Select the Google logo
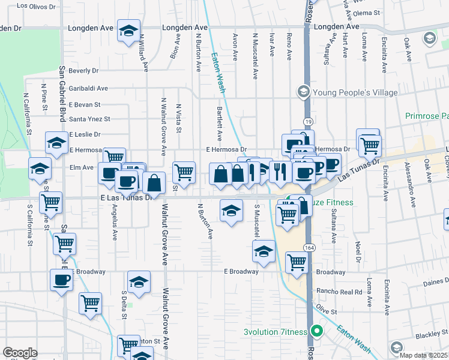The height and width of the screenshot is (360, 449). tap(20, 353)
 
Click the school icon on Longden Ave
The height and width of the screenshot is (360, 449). tap(128, 31)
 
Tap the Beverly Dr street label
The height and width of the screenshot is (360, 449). tap(83, 71)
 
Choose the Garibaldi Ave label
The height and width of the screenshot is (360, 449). tap(88, 88)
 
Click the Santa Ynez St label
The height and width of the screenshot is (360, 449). tap(90, 119)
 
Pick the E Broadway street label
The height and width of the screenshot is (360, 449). tap(241, 271)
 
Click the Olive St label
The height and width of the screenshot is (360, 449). tap(327, 312)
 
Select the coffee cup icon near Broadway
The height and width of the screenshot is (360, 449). tap(61, 279)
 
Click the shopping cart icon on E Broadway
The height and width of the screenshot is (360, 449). tap(297, 262)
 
